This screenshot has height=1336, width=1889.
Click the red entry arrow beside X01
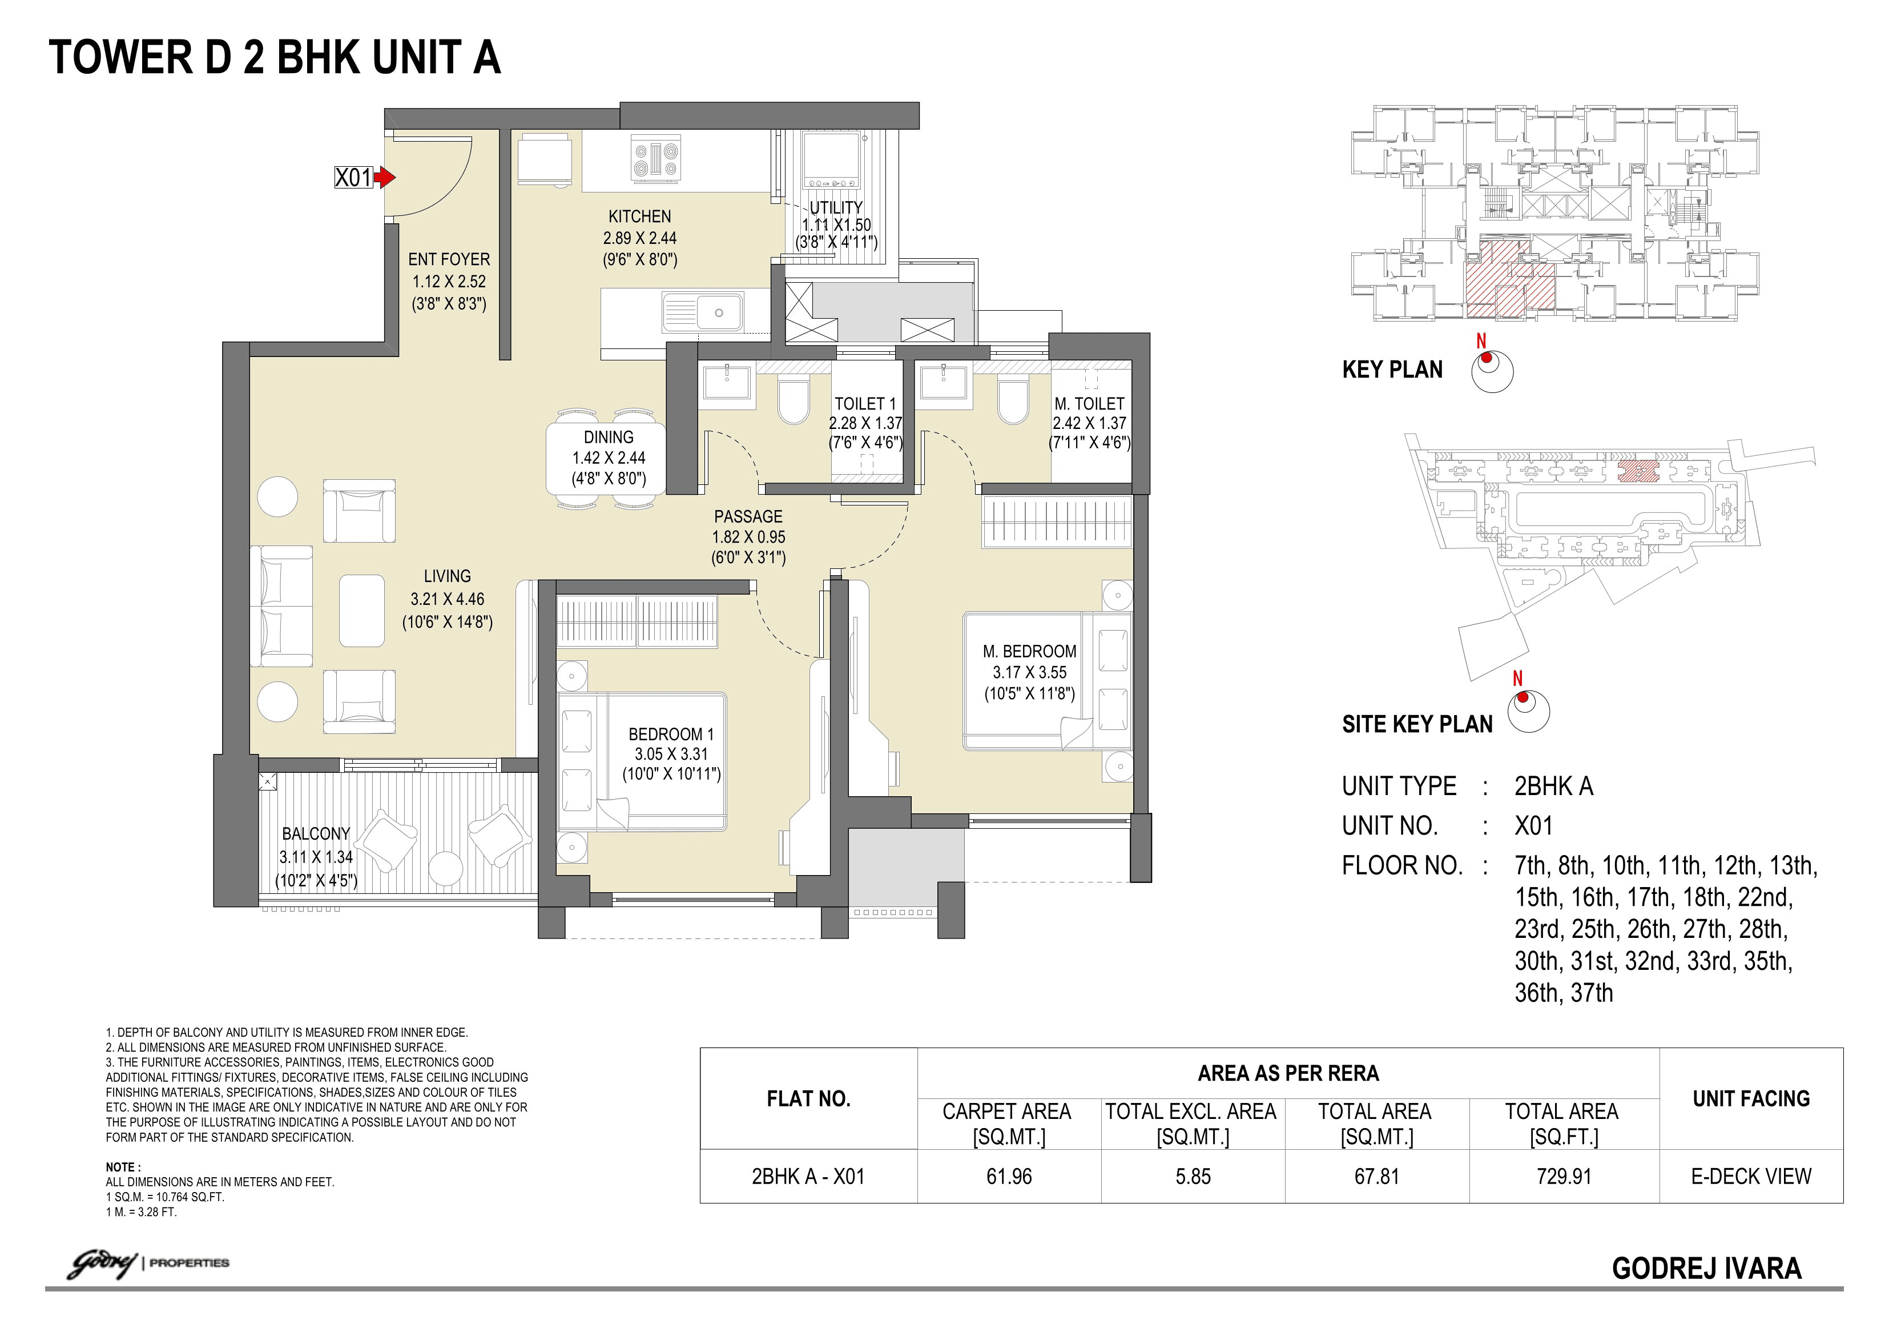click(385, 177)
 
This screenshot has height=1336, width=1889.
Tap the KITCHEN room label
click(639, 216)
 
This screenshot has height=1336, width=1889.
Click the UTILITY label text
click(836, 207)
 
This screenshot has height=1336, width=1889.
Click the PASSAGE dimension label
click(748, 537)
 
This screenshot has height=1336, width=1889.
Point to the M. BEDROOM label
click(1029, 651)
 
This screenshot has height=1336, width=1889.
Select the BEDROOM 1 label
click(671, 733)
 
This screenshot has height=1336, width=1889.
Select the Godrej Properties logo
click(148, 1263)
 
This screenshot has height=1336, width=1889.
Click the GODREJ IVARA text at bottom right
click(1706, 1269)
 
